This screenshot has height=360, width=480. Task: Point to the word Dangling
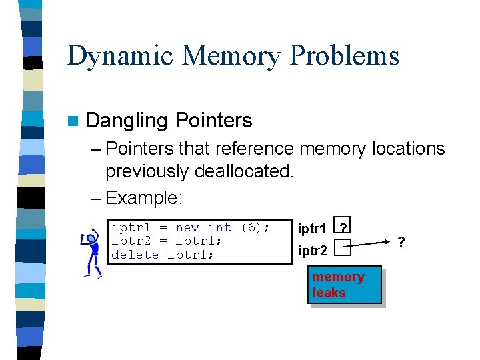[127, 121]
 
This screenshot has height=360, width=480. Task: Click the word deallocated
[244, 171]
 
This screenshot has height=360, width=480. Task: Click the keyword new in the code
[187, 228]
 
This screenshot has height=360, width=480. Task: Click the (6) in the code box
[251, 228]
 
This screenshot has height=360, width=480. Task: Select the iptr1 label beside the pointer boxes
[312, 229]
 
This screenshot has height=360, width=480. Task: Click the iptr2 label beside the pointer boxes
[312, 251]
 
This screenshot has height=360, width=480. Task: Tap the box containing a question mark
[342, 227]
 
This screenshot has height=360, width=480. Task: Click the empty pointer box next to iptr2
[342, 249]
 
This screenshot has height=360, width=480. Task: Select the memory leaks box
[344, 285]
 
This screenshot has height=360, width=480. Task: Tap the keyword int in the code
[219, 228]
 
